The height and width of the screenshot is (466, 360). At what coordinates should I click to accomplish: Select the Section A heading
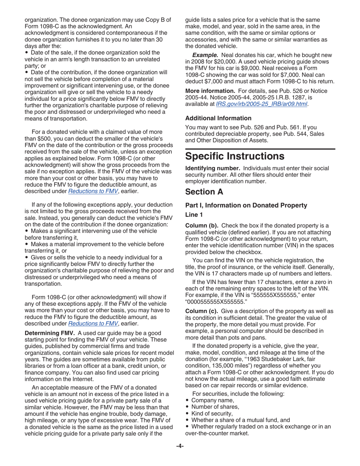pyautogui.click(x=204, y=192)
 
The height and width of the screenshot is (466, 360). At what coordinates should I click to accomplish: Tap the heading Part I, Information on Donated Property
pyautogui.click(x=246, y=205)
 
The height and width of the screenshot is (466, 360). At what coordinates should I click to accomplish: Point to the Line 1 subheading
pyautogui.click(x=194, y=214)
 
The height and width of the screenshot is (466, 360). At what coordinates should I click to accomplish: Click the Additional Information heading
pyautogui.click(x=218, y=118)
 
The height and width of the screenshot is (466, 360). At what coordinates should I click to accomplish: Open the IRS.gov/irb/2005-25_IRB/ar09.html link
pyautogui.click(x=261, y=104)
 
